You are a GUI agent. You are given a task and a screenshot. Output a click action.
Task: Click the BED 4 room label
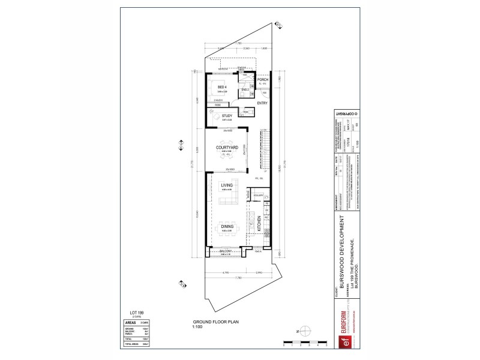click(221, 87)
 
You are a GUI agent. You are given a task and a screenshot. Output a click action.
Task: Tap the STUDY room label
click(227, 116)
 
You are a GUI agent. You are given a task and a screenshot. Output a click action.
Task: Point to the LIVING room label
click(227, 186)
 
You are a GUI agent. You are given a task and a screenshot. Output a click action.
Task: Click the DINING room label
click(227, 226)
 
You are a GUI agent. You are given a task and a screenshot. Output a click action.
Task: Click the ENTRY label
click(262, 103)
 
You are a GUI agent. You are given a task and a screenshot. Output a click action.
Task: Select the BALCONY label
click(226, 251)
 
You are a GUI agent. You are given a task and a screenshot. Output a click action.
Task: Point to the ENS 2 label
click(245, 89)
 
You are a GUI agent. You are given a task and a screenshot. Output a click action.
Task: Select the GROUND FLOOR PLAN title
click(208, 322)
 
